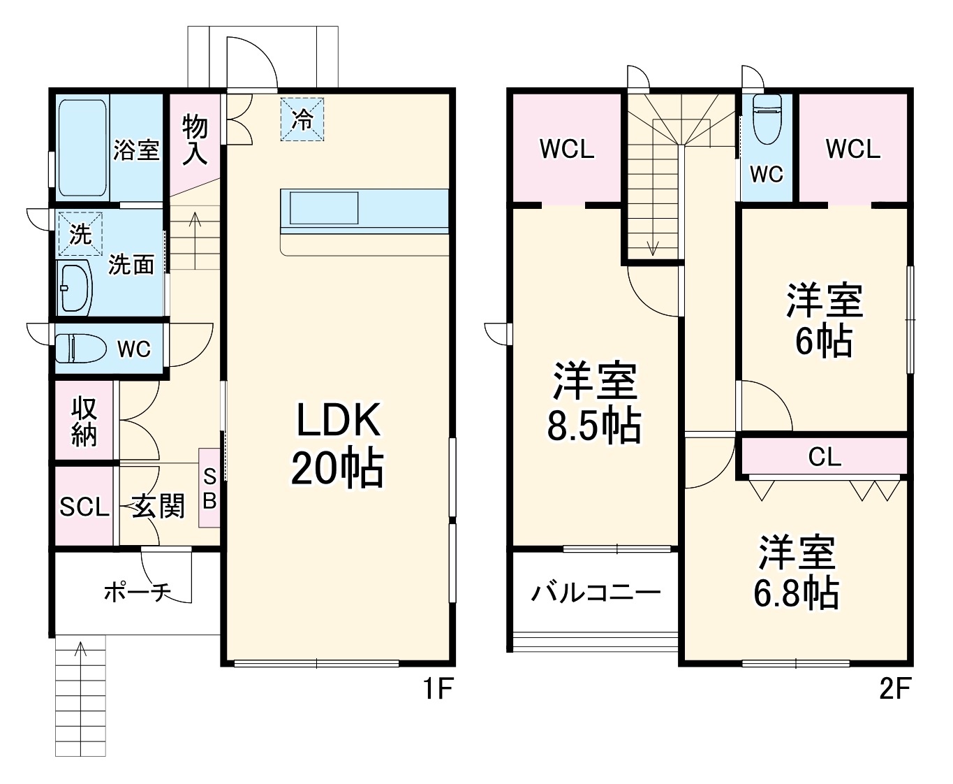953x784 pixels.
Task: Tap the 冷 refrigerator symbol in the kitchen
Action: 302,119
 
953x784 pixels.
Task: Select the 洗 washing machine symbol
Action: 80,233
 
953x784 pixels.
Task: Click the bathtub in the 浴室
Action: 82,147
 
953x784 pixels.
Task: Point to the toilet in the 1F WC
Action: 79,348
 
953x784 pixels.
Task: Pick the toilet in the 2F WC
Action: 767,118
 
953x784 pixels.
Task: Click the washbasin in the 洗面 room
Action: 75,287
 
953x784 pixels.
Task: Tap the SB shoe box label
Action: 209,488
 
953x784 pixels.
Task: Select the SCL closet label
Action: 84,507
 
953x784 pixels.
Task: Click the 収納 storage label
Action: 84,421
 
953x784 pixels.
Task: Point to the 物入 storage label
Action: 195,140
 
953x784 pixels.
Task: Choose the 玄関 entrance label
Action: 159,507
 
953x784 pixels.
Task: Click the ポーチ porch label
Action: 137,593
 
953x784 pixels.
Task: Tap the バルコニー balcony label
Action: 595,593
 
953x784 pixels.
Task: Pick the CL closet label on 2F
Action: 825,457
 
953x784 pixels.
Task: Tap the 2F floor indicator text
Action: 895,690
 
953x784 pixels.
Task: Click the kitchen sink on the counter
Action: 324,208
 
